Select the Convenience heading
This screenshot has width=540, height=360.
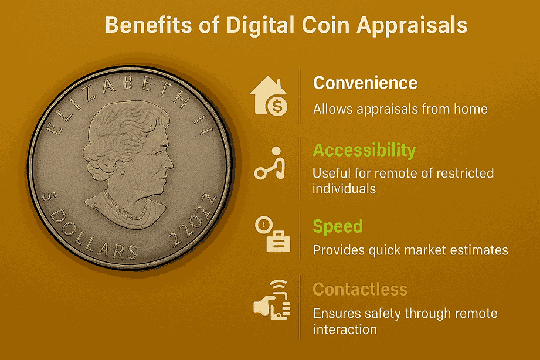click(x=365, y=83)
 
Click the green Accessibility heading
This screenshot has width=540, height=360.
click(x=364, y=151)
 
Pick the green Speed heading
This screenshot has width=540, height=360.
click(x=338, y=227)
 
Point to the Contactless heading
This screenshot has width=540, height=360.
click(x=360, y=290)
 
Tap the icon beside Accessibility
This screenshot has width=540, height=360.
click(x=270, y=164)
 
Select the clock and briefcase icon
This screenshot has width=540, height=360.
click(x=273, y=235)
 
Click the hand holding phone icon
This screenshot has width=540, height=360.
click(x=272, y=300)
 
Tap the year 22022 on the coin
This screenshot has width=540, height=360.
click(x=193, y=220)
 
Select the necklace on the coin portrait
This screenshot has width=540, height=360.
click(x=125, y=208)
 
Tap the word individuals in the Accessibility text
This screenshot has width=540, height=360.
click(x=344, y=189)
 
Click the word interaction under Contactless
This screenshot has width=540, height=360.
click(x=345, y=330)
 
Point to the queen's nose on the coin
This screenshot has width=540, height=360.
click(x=170, y=162)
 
